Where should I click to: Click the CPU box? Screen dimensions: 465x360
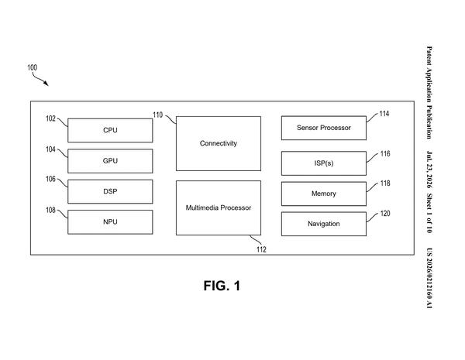(x=110, y=130)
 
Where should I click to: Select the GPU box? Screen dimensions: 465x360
(x=110, y=161)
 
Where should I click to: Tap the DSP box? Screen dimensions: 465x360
(x=110, y=191)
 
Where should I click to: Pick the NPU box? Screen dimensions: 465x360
(x=110, y=222)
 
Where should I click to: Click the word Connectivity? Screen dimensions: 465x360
(x=219, y=143)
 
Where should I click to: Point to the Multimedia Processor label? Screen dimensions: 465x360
(x=219, y=207)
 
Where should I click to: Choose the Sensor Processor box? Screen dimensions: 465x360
(x=323, y=128)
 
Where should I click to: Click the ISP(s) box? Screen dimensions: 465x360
(x=323, y=163)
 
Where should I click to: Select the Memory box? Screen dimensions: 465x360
(x=323, y=194)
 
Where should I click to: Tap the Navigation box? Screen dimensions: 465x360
(x=323, y=224)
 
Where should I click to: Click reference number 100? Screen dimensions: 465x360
(x=33, y=67)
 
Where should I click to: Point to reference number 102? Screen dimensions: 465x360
(x=50, y=118)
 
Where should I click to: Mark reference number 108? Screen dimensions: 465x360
(x=50, y=210)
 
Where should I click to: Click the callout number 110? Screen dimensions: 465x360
(x=158, y=115)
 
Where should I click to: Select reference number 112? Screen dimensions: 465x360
(x=261, y=249)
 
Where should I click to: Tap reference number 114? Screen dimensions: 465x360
(x=384, y=114)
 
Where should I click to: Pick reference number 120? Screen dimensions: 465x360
(x=385, y=214)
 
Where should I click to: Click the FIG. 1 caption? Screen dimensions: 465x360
(x=222, y=286)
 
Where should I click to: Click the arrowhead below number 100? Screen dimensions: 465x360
(x=46, y=84)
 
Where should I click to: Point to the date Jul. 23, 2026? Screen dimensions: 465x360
(x=429, y=170)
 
